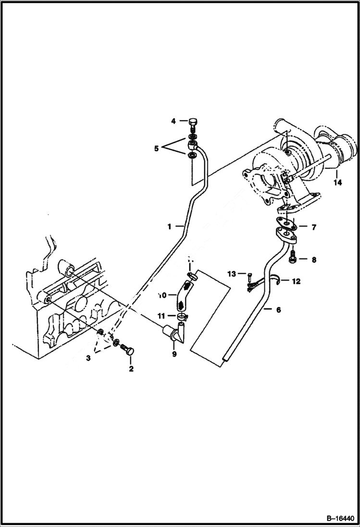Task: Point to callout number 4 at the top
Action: [173, 122]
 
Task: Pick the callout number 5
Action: [156, 149]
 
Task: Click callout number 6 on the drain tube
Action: [279, 310]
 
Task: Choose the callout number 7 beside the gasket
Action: [313, 227]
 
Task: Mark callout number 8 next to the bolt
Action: [313, 260]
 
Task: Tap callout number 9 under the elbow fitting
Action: [174, 354]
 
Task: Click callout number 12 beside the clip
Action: [296, 282]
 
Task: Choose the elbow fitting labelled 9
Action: [176, 333]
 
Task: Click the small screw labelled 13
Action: [250, 276]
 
